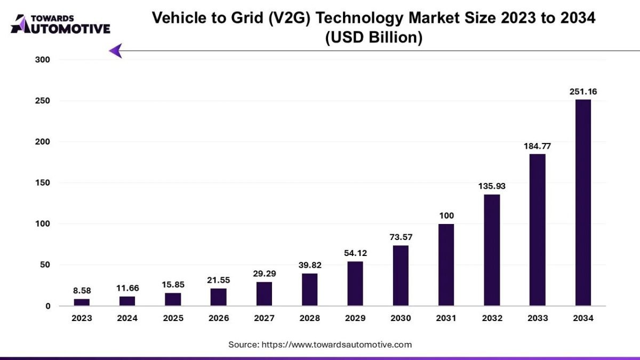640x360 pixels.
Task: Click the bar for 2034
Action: point(583,203)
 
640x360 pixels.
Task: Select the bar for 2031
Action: point(446,265)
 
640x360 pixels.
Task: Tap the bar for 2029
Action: point(355,283)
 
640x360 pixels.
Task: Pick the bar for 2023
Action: point(82,302)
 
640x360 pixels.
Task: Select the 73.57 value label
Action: point(401,237)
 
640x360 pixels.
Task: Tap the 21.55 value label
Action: point(218,279)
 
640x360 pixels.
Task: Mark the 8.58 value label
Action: point(82,290)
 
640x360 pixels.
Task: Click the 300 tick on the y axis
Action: point(42,60)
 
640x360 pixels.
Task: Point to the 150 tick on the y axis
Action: point(42,183)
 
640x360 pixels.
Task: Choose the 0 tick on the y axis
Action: point(47,306)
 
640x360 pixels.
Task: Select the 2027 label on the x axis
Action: point(264,318)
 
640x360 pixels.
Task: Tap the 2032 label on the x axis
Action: point(492,318)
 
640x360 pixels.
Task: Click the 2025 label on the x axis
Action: point(173,318)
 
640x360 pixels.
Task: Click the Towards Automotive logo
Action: point(60,25)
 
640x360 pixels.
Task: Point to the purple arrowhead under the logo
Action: point(116,51)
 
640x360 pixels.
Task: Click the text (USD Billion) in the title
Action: point(373,38)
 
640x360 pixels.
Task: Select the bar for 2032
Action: point(492,250)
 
